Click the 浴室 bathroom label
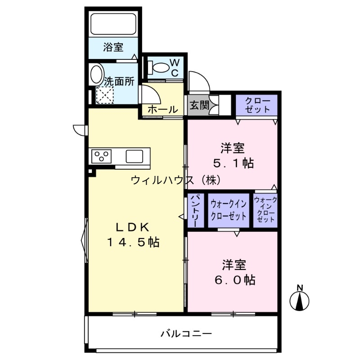click(x=113, y=47)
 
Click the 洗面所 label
click(x=119, y=81)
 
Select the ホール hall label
click(x=162, y=110)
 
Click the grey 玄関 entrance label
click(x=199, y=106)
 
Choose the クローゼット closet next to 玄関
click(x=257, y=105)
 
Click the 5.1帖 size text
click(x=233, y=163)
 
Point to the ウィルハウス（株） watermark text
click(x=175, y=180)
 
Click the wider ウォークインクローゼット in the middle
click(x=229, y=210)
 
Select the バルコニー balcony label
click(x=186, y=334)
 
